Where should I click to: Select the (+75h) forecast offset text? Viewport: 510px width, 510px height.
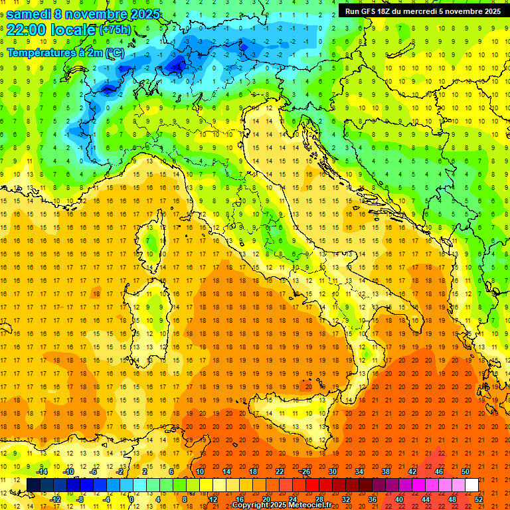click(115, 30)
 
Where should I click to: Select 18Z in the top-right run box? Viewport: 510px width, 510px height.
click(389, 11)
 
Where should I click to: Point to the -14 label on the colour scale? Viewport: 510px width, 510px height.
click(42, 471)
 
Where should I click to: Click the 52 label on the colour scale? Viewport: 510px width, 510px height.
click(479, 499)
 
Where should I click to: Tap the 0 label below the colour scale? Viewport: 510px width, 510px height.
click(131, 499)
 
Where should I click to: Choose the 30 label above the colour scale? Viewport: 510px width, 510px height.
click(332, 471)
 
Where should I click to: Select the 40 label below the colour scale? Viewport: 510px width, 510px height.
click(399, 499)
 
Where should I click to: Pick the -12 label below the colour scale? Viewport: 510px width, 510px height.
click(55, 499)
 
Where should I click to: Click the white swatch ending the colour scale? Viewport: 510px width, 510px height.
click(471, 485)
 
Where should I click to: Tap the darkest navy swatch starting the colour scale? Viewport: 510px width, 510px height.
click(33, 485)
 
